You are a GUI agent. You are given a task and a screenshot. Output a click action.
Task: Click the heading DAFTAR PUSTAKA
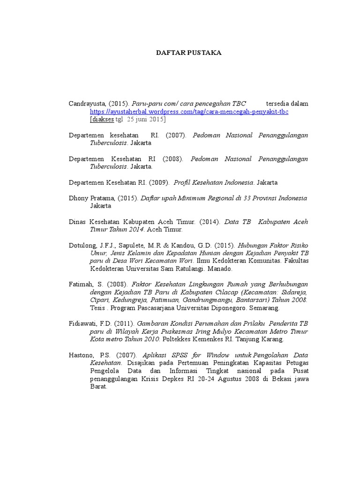point(188,53)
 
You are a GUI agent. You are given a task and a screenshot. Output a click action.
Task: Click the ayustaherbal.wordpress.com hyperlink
point(189,112)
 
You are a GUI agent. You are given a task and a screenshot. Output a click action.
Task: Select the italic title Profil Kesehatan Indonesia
point(214,182)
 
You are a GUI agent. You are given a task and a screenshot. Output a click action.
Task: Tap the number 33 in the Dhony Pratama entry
point(247,198)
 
